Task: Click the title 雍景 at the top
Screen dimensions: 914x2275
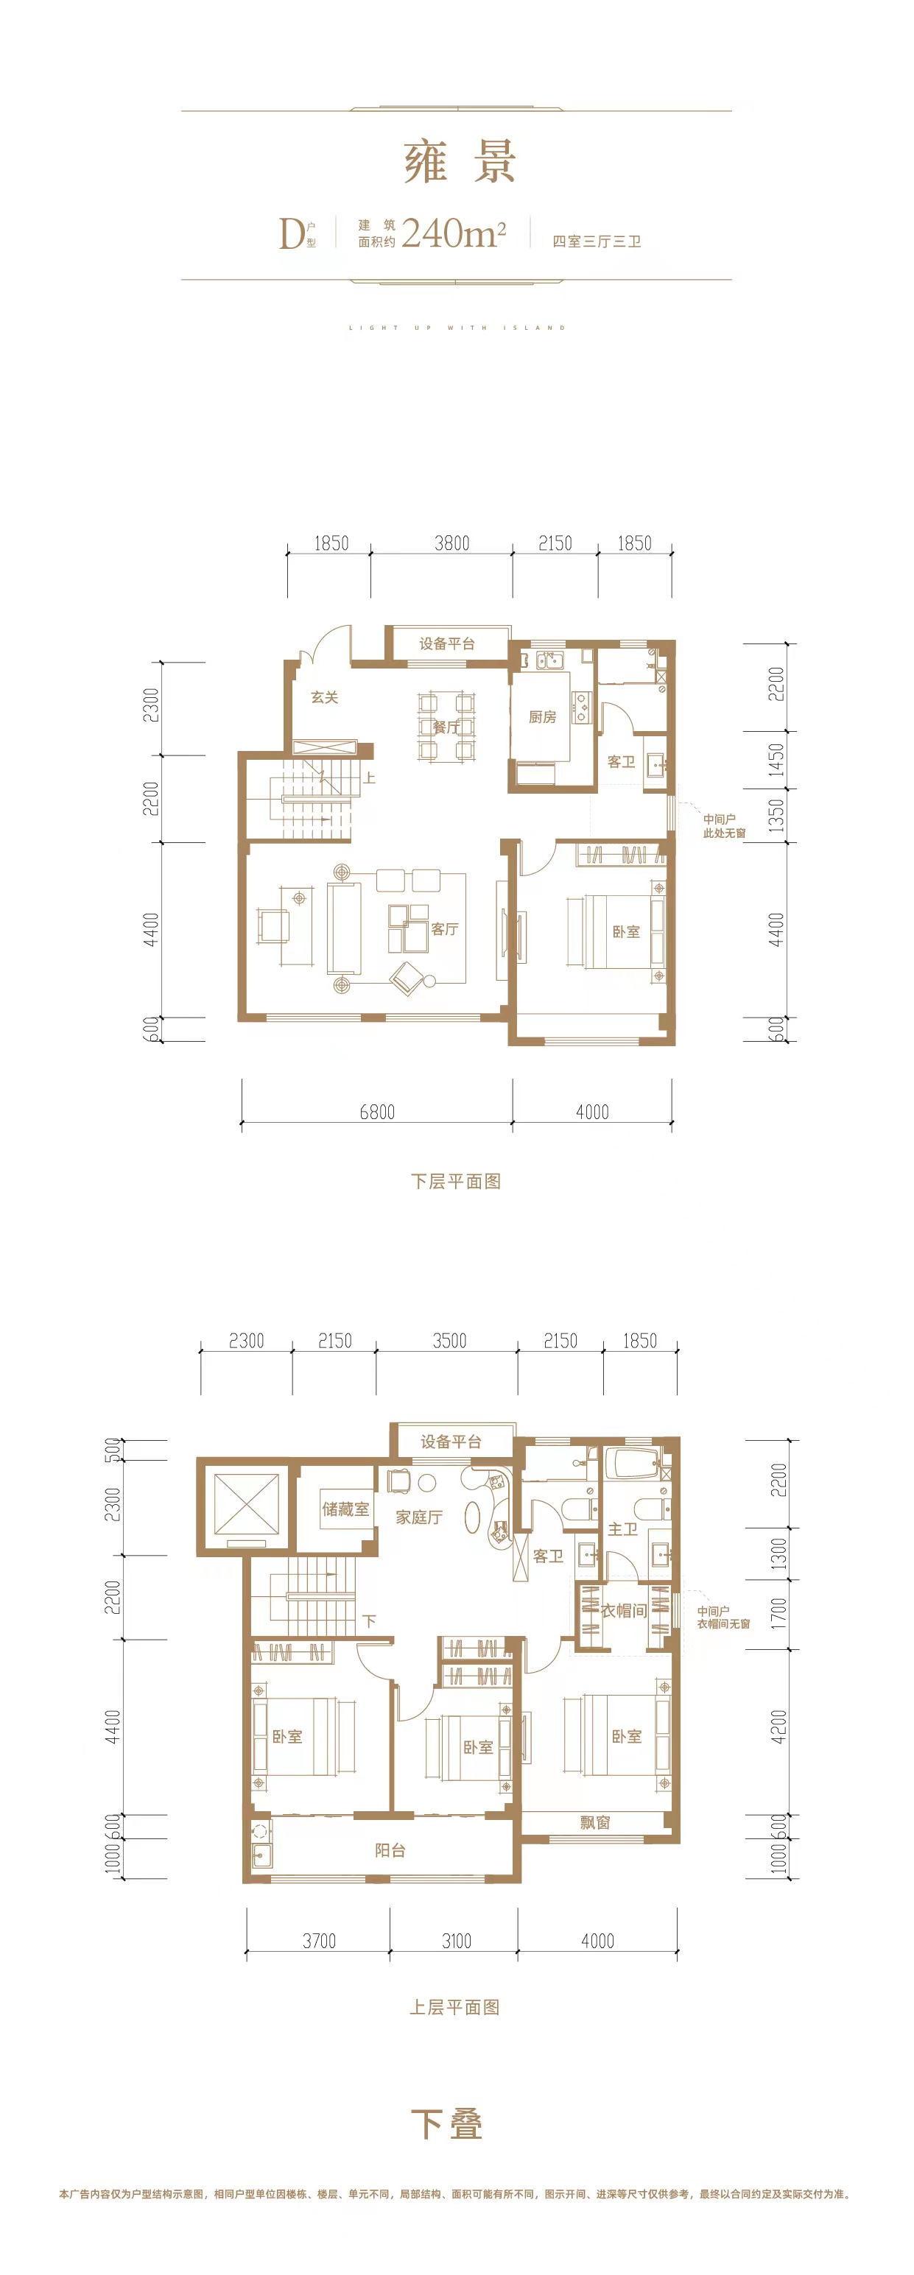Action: coord(459,162)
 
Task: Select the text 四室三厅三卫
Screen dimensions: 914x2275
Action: coord(597,241)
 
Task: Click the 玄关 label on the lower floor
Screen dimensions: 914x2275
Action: coord(324,696)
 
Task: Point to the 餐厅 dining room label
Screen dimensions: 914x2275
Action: coord(446,727)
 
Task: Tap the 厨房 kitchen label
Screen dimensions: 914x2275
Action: coord(542,716)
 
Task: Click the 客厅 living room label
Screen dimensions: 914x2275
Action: coord(444,928)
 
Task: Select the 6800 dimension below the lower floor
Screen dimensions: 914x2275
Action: coord(377,1112)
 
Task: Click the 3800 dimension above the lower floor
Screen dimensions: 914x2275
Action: coord(452,543)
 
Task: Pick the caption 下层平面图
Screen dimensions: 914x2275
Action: coord(456,1181)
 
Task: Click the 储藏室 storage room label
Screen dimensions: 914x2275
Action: coord(345,1509)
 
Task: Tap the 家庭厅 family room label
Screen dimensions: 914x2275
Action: coord(418,1517)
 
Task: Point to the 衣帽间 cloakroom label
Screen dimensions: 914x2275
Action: coord(624,1610)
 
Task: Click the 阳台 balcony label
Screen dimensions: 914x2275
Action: coord(390,1850)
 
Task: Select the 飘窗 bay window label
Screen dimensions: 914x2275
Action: coord(595,1822)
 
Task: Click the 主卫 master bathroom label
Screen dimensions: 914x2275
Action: coord(622,1528)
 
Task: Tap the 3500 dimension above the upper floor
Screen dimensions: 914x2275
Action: coord(449,1341)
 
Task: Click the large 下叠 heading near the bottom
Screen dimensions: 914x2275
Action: coord(447,2123)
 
